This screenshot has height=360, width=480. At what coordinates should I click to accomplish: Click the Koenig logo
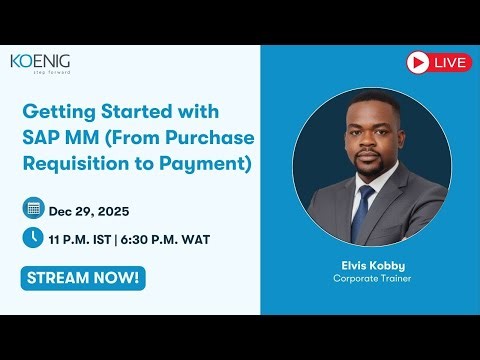coord(40,62)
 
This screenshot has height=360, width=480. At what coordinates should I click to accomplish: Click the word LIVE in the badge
coord(450,63)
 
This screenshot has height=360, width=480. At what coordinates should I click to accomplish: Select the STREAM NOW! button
coord(83,277)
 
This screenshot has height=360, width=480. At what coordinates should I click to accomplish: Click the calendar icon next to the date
coord(33,209)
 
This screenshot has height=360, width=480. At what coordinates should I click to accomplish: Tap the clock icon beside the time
coord(33,238)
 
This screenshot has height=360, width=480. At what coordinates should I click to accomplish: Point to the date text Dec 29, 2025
coord(88,210)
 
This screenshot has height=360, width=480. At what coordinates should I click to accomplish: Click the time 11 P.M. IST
coord(83,239)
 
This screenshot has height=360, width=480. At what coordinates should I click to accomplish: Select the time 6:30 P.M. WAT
coord(168,239)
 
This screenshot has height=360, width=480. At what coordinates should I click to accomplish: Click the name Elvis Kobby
coord(365,265)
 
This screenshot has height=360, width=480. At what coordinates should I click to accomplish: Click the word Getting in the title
coord(59,110)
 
